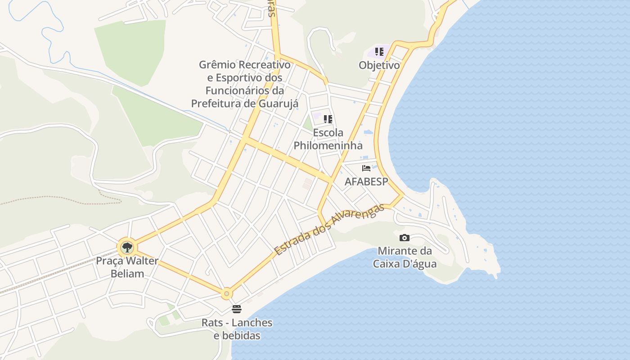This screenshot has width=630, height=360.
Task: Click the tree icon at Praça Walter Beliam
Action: coord(127,247)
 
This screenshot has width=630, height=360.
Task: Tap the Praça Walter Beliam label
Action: coord(127,267)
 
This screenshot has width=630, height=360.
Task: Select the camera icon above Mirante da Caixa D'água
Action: coord(404,238)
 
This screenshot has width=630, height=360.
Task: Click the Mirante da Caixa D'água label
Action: coord(405,257)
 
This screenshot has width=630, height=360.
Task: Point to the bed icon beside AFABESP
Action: coord(366,168)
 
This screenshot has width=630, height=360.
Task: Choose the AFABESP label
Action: coord(366,182)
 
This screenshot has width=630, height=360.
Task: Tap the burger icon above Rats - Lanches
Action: coord(237,309)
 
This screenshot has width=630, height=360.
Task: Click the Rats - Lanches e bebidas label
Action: coord(237,329)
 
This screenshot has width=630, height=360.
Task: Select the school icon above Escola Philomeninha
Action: coord(328,119)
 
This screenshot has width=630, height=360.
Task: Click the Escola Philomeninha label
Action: coord(328,139)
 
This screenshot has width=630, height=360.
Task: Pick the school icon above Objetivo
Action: coord(379,52)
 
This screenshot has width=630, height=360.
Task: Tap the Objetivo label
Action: coord(379,65)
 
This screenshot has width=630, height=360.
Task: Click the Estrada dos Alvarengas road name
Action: coord(330,229)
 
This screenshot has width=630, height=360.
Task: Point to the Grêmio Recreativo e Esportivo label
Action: coord(245,84)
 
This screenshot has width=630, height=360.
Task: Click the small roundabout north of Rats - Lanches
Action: coord(226,294)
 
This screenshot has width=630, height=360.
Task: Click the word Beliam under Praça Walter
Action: coord(127,274)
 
